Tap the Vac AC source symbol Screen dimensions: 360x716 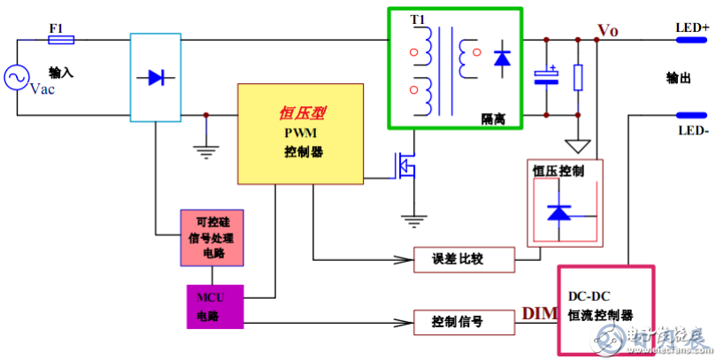tap(17, 78)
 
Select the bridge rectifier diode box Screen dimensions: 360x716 tap(156, 77)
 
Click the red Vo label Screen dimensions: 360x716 tap(608, 31)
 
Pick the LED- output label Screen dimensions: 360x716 tap(693, 131)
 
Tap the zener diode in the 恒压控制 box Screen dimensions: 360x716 tap(560, 211)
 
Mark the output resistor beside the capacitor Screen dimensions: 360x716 tap(578, 78)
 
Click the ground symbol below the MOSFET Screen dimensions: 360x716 tap(411, 217)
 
